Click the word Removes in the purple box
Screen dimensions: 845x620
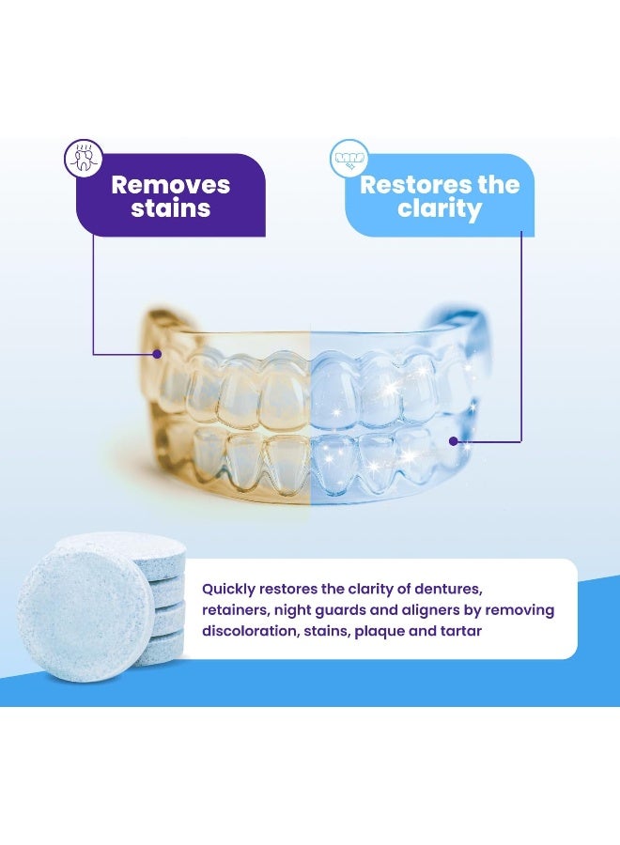(170, 184)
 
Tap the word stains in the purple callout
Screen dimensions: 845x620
(170, 208)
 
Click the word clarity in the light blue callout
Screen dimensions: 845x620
(439, 208)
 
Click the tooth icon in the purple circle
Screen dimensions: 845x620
(83, 158)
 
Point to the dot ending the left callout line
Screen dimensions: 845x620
(157, 354)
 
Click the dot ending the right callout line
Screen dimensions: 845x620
(453, 439)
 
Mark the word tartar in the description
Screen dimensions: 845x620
(460, 631)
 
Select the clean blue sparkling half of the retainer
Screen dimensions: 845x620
(395, 404)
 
